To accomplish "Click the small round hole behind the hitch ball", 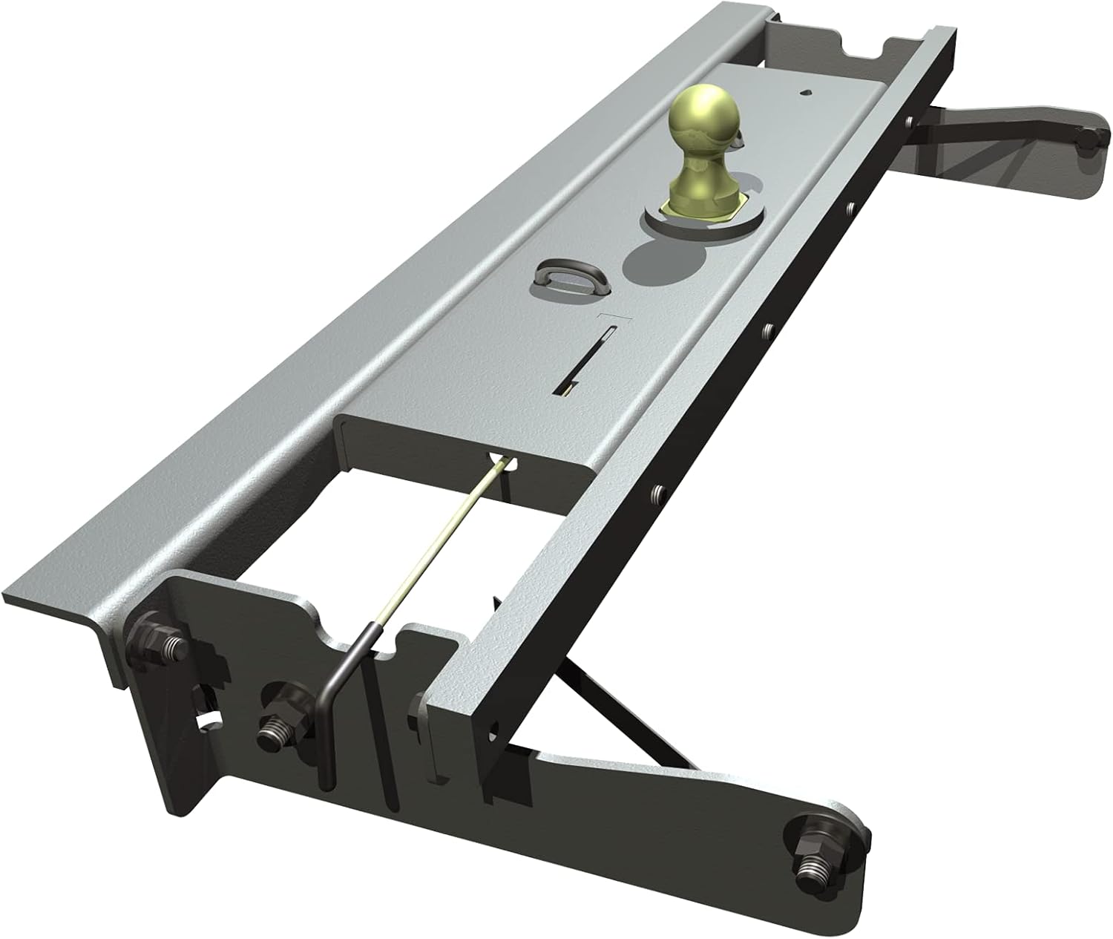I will [807, 94].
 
